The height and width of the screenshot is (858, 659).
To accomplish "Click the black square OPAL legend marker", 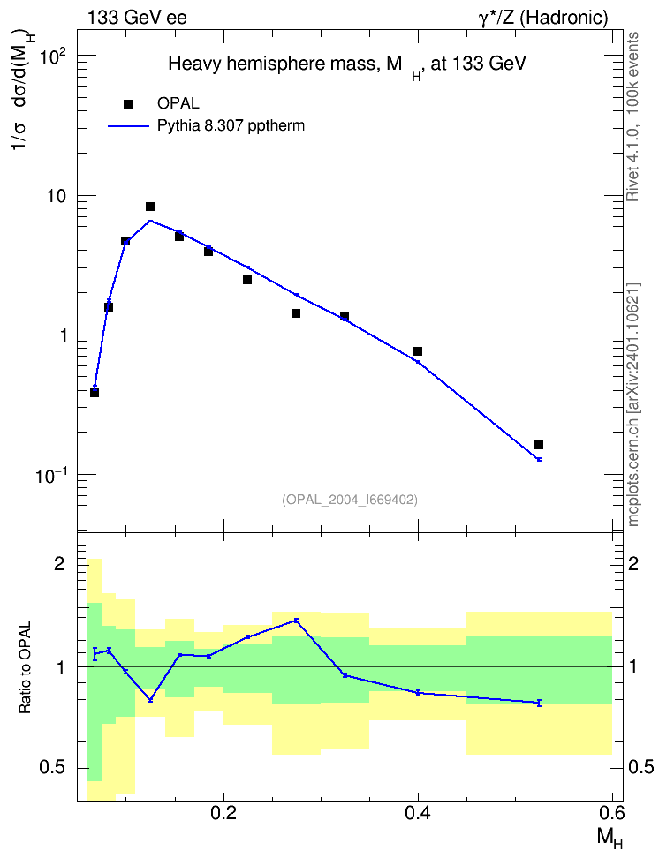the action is pos(128,104).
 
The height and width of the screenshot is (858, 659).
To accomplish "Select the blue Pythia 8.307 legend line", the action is pos(128,126).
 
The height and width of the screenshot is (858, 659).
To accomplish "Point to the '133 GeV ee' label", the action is pos(137,18).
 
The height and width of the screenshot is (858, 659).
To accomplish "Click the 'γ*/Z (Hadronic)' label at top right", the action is pos(543,18).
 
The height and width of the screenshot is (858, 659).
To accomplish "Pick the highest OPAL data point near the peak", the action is pos(150,207).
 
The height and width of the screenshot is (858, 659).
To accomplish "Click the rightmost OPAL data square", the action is pos(539,445).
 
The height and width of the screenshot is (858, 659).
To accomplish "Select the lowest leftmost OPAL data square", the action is pos(95,392).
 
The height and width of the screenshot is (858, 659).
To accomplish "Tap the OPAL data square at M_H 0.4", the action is pos(418,351).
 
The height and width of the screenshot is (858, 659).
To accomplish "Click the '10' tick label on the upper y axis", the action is pos(56,196).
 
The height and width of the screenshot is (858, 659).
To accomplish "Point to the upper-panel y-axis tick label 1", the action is pos(63,335).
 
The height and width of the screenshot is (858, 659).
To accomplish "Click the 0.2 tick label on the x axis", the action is pos(223,814).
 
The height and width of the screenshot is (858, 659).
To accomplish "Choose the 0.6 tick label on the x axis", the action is pos(612,814).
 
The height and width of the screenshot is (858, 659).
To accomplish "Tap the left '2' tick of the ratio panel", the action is pos(59,563).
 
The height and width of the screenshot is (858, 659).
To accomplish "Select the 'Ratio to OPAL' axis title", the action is pos(25,667).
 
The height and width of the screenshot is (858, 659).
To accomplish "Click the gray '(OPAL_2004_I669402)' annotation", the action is pos(350,500).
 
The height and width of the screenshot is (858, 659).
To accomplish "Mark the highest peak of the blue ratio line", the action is pos(296,620).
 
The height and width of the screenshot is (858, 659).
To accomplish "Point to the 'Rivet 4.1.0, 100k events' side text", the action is pos(633,117).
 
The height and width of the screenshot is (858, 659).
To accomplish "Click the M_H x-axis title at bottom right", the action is pos(610,838).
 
